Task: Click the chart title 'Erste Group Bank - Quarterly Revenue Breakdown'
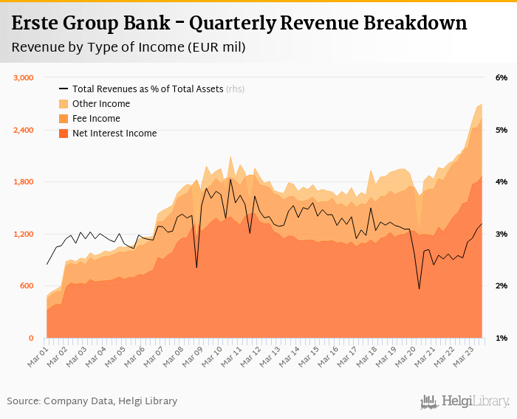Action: pos(239,24)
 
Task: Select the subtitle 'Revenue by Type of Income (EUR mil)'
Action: pos(129,48)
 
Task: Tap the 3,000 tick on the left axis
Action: pos(24,77)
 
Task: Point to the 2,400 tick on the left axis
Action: pos(24,130)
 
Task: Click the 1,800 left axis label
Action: pos(24,182)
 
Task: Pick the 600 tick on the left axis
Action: pos(27,286)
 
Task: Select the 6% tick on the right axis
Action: pos(501,77)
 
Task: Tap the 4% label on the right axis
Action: pos(501,182)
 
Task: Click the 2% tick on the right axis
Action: pos(501,286)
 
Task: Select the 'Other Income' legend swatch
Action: pos(64,104)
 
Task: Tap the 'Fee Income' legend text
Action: pos(96,119)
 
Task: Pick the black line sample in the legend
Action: pos(64,89)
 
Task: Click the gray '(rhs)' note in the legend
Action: pos(235,89)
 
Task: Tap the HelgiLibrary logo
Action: pos(465,401)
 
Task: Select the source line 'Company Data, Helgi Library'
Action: pos(110,401)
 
